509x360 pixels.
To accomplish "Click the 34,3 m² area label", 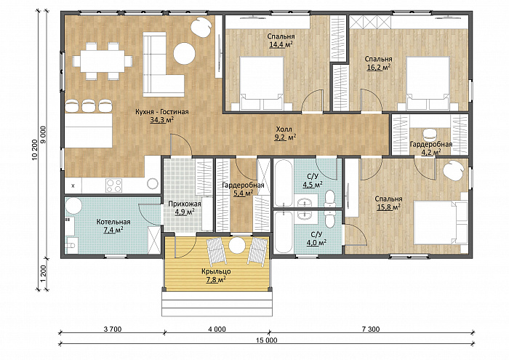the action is [x=161, y=120].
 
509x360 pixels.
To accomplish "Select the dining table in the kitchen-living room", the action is [x=103, y=61].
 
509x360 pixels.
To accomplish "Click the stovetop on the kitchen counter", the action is [x=113, y=185].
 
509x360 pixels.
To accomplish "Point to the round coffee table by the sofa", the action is [x=185, y=54].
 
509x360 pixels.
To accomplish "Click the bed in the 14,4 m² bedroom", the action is [x=262, y=84].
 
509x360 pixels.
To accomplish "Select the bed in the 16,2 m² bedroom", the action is [x=428, y=84].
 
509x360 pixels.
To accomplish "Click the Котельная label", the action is [x=113, y=222].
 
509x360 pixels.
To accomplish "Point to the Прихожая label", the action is [x=185, y=204].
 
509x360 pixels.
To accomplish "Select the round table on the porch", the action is [x=236, y=246].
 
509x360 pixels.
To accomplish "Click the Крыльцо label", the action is [x=216, y=271].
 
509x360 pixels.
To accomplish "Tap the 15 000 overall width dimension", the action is [x=267, y=340].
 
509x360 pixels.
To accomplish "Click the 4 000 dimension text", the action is [x=217, y=329].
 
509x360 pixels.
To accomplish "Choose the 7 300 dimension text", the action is [x=370, y=329].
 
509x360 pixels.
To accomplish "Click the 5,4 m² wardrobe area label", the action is [x=243, y=194].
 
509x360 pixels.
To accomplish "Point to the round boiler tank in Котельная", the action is [x=74, y=206].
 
